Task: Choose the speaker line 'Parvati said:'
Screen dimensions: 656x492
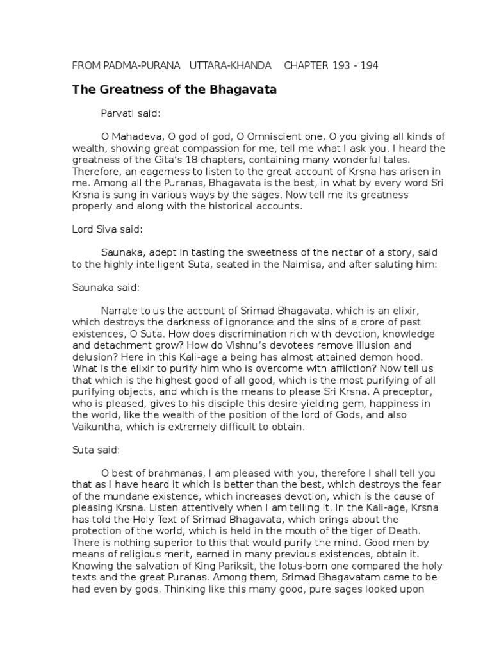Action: pos(131,113)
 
